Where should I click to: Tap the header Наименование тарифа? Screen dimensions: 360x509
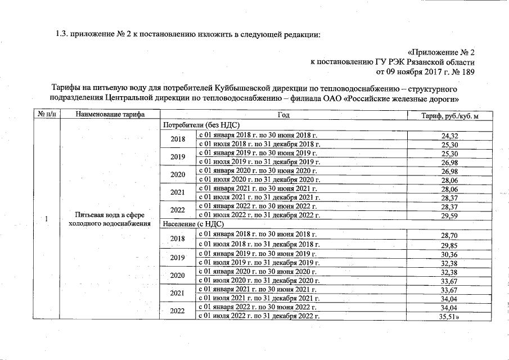click(x=110, y=115)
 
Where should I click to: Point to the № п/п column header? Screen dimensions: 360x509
click(x=46, y=115)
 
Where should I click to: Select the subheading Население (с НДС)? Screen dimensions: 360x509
click(x=193, y=224)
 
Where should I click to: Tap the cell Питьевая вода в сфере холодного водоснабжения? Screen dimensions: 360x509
click(x=110, y=219)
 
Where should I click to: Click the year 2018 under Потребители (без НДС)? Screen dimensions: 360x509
click(x=178, y=140)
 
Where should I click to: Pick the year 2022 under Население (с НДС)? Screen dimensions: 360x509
click(x=178, y=311)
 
